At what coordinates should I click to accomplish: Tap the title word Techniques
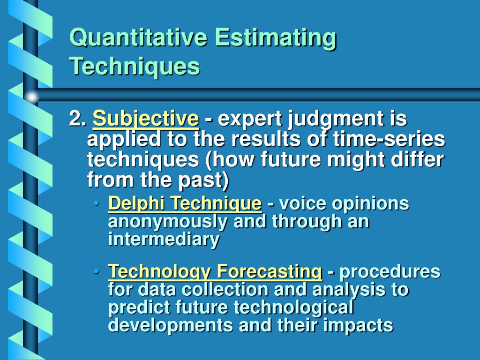[x=135, y=67]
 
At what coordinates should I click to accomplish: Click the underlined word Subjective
[x=146, y=120]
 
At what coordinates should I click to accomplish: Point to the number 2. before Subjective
[x=77, y=119]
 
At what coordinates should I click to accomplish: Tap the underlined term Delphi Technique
[x=185, y=204]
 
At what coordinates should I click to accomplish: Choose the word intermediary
[x=164, y=240]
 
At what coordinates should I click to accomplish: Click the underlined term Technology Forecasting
[x=215, y=271]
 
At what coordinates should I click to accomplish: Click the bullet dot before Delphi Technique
[x=97, y=204]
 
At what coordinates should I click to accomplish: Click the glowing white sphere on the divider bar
[x=32, y=97]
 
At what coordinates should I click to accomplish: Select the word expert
[x=246, y=120]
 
